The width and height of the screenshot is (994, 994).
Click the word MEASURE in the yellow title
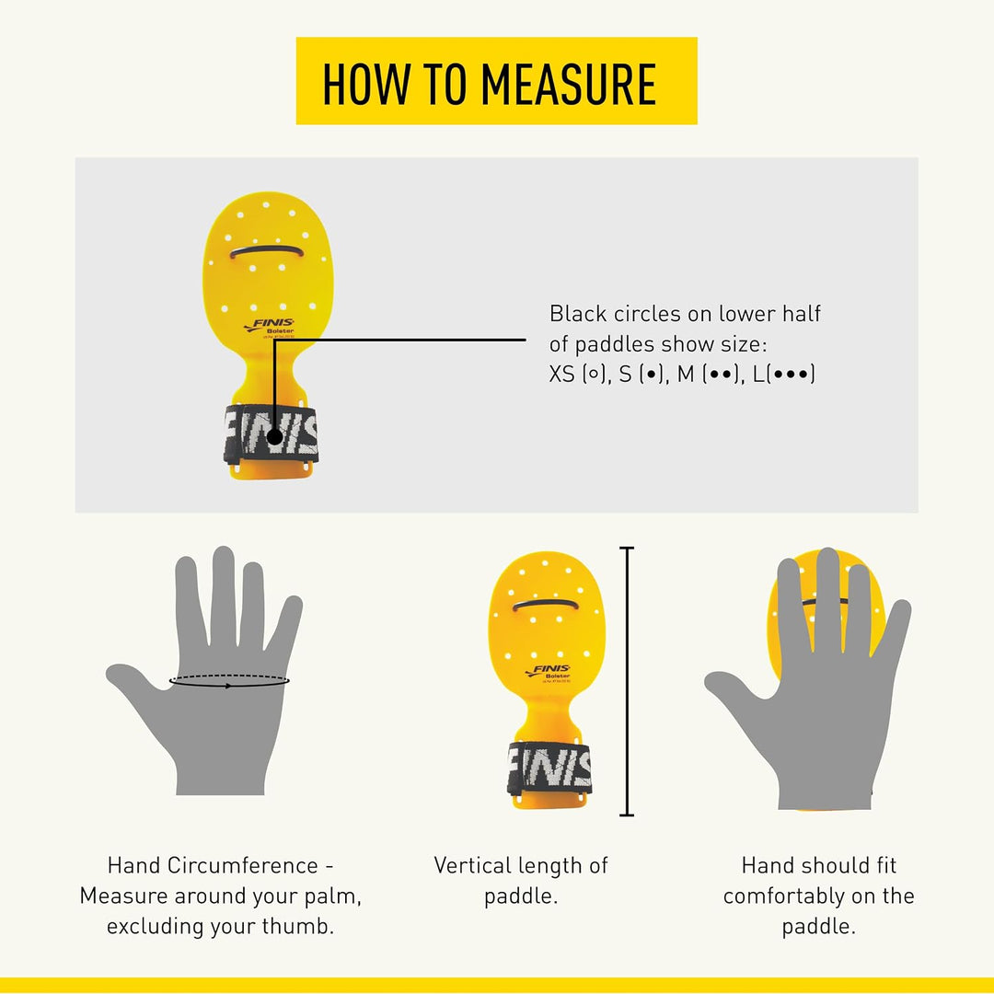point(568,85)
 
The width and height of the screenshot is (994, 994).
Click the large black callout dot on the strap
point(274,437)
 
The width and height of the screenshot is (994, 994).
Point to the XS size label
point(561,374)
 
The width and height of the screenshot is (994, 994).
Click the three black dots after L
point(790,374)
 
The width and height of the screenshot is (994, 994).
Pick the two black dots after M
point(721,374)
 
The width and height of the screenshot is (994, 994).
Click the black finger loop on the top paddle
point(266,250)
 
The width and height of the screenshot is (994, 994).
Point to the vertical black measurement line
point(627,681)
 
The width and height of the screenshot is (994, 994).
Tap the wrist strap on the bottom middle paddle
point(549,768)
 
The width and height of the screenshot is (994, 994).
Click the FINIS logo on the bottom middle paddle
point(549,671)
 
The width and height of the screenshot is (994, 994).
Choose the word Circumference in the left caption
point(243,865)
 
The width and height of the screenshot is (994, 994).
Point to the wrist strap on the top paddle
point(271,433)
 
